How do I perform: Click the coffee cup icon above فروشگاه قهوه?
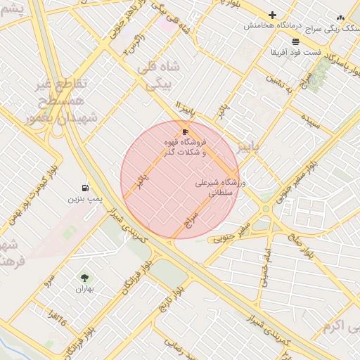click(185, 131)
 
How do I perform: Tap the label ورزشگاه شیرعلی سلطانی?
click(220, 187)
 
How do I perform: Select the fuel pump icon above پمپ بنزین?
click(85, 188)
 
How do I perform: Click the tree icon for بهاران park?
click(85, 278)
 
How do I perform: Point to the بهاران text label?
click(85, 289)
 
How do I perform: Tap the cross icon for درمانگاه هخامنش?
click(272, 15)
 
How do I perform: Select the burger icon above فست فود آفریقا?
click(295, 41)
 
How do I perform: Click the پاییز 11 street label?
click(184, 111)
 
